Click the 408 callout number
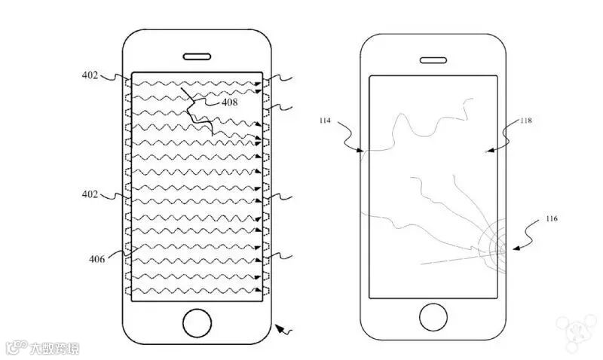(x=230, y=102)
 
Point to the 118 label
(x=525, y=121)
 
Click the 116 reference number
(x=553, y=219)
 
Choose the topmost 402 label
(x=91, y=75)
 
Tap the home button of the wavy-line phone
(x=197, y=322)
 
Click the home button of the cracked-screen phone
(x=433, y=317)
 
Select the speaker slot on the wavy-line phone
(x=197, y=55)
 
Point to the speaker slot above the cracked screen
(x=433, y=60)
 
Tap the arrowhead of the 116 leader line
(x=514, y=248)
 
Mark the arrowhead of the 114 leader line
(x=364, y=151)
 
